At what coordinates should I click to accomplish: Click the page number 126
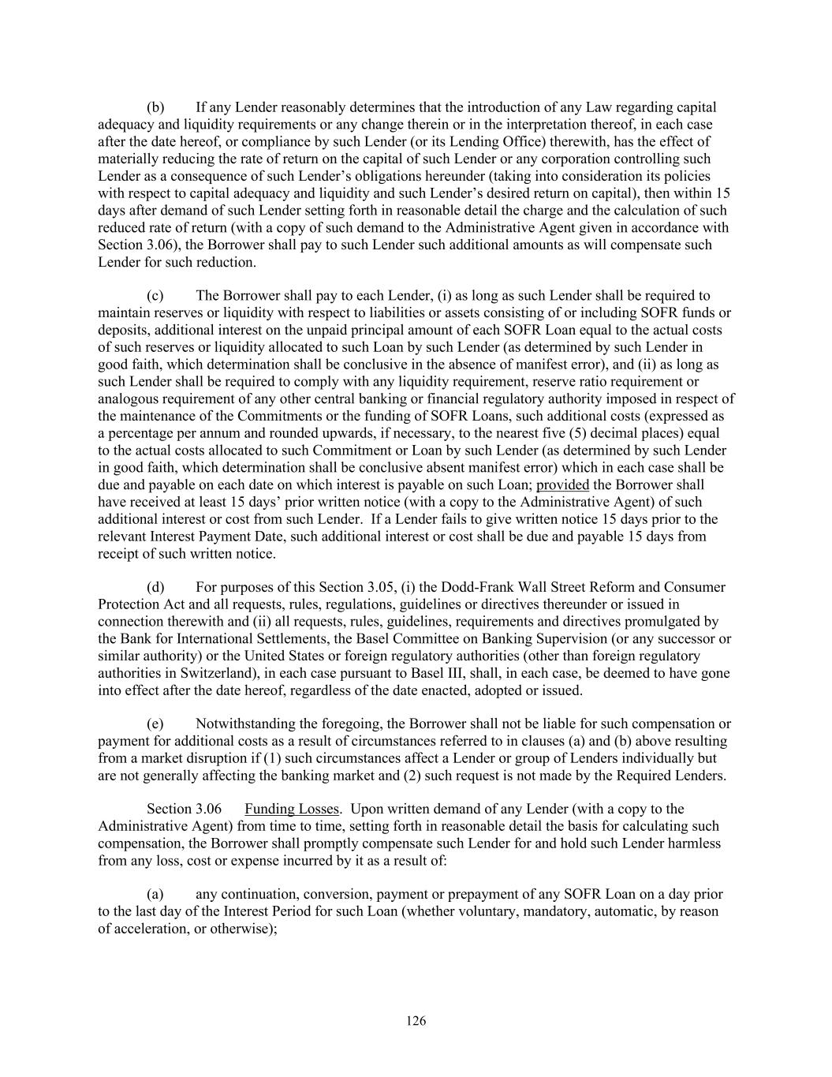pos(416,1021)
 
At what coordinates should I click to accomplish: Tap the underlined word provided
pos(562,484)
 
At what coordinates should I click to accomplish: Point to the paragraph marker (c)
pos(155,296)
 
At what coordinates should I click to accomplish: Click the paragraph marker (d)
pos(155,587)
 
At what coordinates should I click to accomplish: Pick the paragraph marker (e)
pos(155,724)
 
